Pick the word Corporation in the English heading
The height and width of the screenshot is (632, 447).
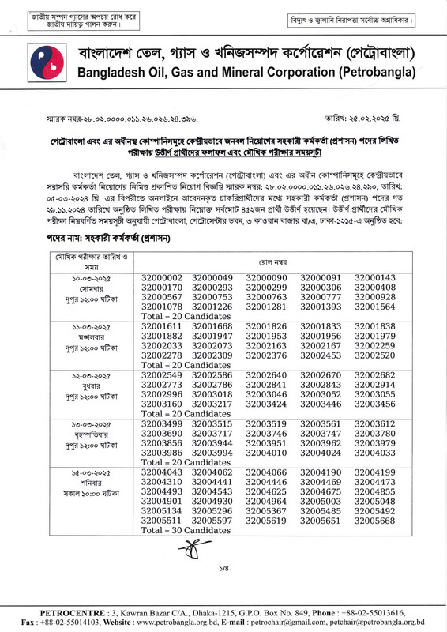coord(255,77)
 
